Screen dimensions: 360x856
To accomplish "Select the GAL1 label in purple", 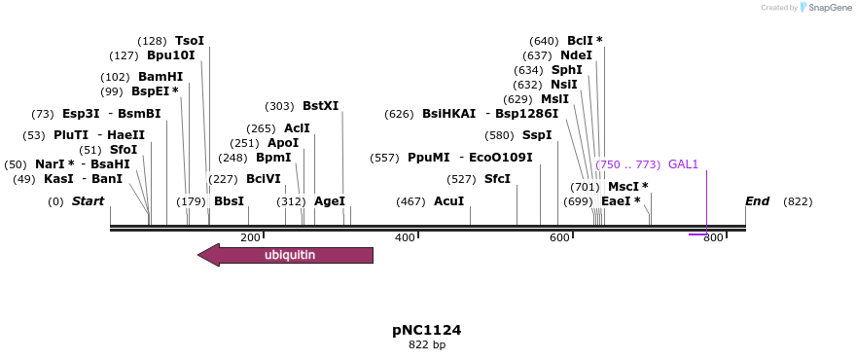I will (x=683, y=164).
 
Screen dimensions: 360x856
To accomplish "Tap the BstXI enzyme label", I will (x=320, y=106).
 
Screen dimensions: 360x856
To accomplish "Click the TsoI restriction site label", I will (x=190, y=41).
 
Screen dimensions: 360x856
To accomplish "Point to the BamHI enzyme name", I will (x=160, y=77).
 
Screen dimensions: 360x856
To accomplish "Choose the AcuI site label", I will (x=448, y=201).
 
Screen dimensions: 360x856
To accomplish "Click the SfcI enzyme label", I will (x=497, y=179).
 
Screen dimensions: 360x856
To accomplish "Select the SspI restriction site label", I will (x=537, y=135).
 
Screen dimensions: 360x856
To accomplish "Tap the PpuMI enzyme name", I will (x=429, y=158).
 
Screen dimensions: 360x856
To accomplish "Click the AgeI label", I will (x=330, y=201).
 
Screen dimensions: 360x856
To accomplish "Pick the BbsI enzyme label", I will (x=229, y=201).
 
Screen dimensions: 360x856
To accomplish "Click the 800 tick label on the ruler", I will (x=713, y=237).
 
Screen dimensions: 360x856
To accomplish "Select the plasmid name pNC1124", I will (x=427, y=330).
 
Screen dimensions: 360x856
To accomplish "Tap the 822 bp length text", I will (x=427, y=345).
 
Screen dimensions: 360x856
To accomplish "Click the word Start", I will (x=88, y=201).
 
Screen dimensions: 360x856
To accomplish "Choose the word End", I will (x=757, y=201).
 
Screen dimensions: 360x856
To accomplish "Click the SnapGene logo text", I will (x=825, y=8).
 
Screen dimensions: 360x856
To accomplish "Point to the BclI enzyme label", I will (x=580, y=41).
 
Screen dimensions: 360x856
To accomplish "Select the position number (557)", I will (x=385, y=158).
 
